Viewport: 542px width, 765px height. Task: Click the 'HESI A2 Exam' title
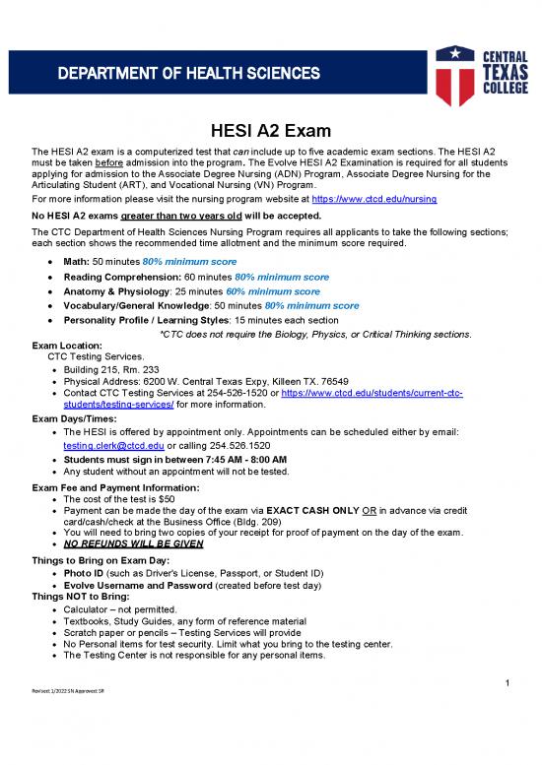click(270, 132)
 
